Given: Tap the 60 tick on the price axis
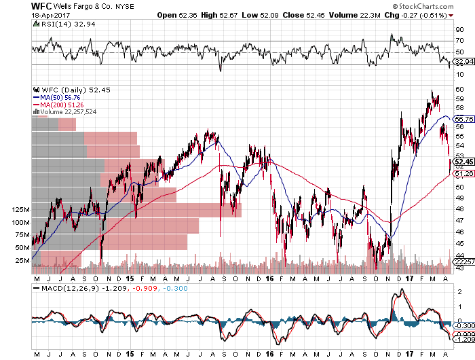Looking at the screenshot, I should point(459,89).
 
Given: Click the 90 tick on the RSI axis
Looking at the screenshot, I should point(459,30).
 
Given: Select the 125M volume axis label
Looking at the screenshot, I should point(20,211).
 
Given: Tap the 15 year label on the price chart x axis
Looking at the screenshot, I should point(129,278).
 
